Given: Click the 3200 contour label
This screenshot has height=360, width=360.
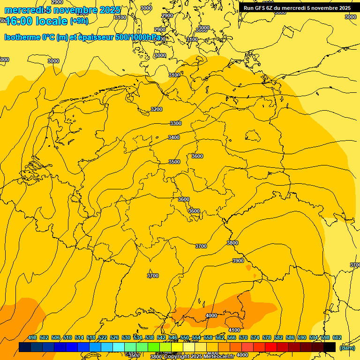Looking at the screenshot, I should pyautogui.click(x=157, y=109).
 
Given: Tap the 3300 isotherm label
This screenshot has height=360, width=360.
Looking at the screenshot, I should pyautogui.click(x=176, y=123).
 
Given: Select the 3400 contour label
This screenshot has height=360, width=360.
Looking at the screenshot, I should pyautogui.click(x=174, y=137).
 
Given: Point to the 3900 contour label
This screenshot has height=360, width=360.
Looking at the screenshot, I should pyautogui.click(x=238, y=261).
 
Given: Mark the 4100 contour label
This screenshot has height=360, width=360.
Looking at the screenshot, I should pyautogui.click(x=234, y=330).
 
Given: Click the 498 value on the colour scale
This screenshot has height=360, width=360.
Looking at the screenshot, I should pyautogui.click(x=32, y=337).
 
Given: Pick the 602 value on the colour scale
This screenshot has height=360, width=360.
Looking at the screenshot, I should pyautogui.click(x=337, y=337).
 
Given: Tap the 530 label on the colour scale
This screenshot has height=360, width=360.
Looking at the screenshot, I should pyautogui.click(x=126, y=337).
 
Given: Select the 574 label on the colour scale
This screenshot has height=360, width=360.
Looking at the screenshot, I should pyautogui.click(x=255, y=337).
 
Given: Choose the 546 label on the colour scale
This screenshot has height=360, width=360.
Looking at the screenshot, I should pyautogui.click(x=173, y=337).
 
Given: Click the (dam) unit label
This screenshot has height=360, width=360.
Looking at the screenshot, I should pyautogui.click(x=347, y=347).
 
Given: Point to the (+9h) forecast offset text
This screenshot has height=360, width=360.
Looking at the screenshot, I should pyautogui.click(x=79, y=21).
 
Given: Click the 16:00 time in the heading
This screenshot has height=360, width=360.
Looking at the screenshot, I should pyautogui.click(x=19, y=21).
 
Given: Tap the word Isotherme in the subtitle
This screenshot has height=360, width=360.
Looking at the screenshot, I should pyautogui.click(x=22, y=37).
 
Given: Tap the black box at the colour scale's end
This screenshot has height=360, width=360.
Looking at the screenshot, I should pyautogui.click(x=330, y=347).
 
